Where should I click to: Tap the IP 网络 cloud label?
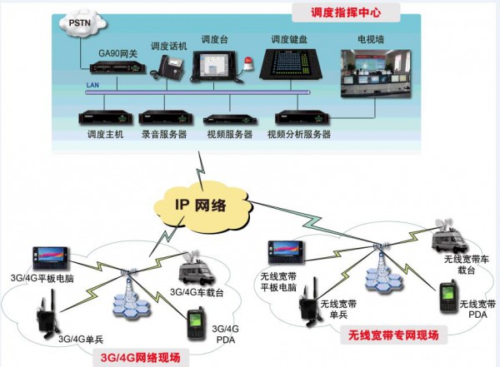[x=200, y=205]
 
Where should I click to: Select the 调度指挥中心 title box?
[x=345, y=13]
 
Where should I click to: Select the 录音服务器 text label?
[x=162, y=134]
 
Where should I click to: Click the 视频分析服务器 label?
[x=299, y=134]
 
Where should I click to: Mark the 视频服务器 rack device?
[x=229, y=118]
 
